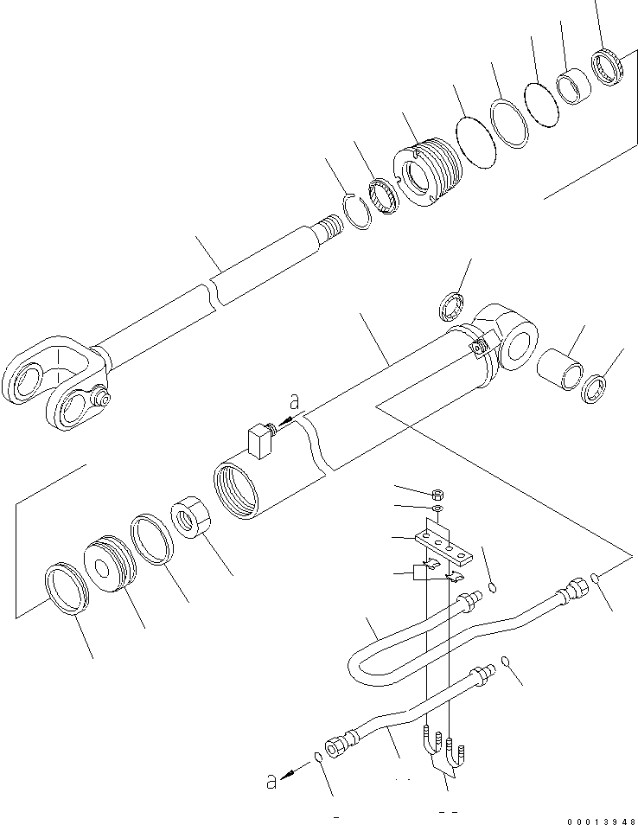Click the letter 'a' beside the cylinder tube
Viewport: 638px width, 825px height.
(295, 402)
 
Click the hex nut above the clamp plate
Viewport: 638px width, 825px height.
(437, 495)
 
